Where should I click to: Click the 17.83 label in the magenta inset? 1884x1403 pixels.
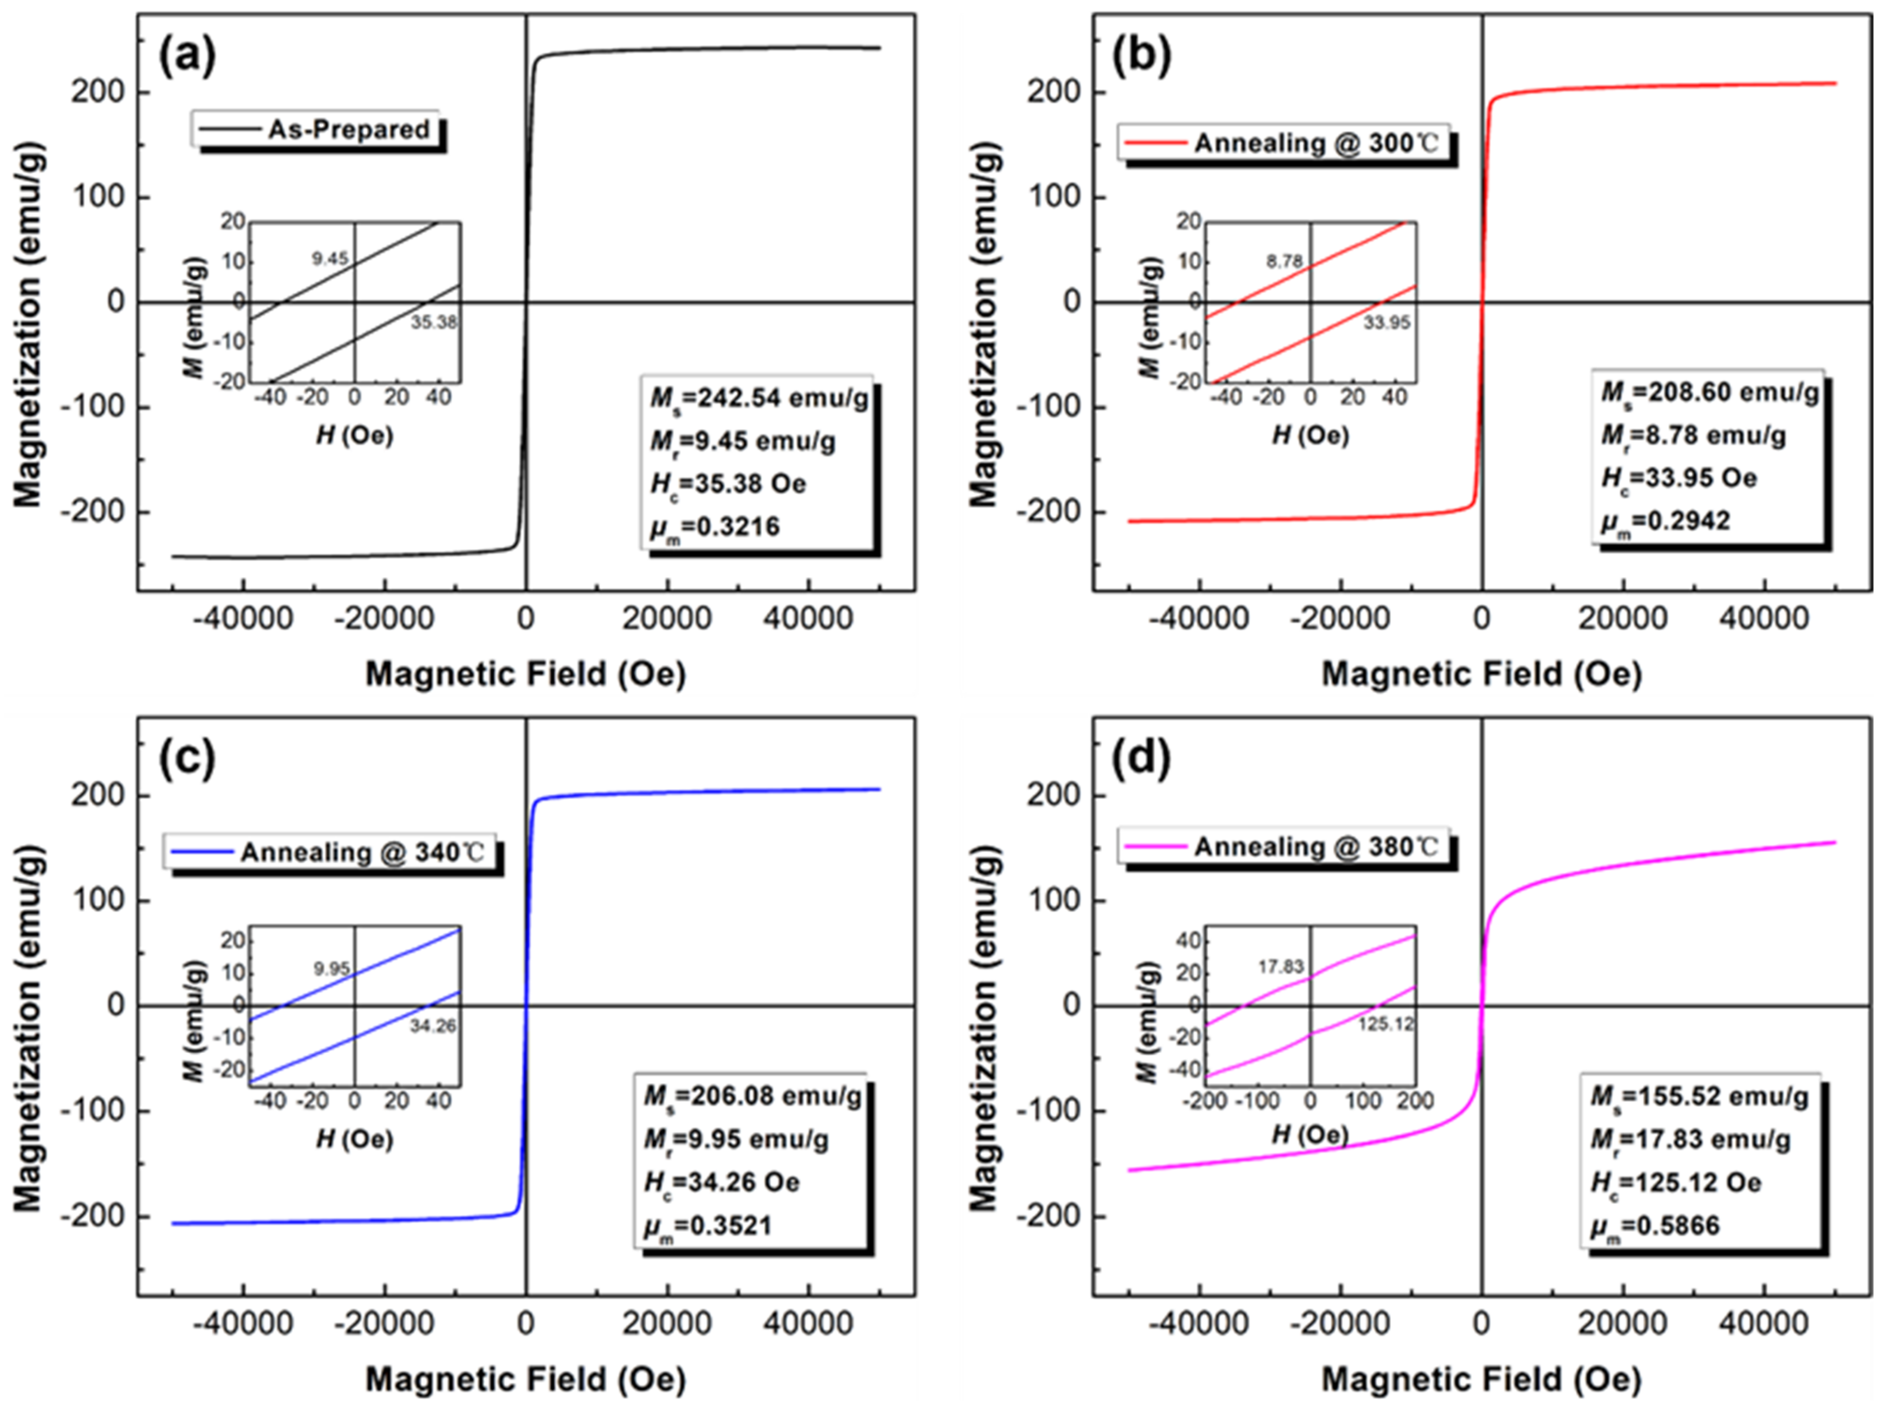pyautogui.click(x=1280, y=967)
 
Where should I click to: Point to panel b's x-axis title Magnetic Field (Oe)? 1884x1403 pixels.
pyautogui.click(x=1482, y=674)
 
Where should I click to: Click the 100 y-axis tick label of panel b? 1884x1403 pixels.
pyautogui.click(x=1053, y=197)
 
